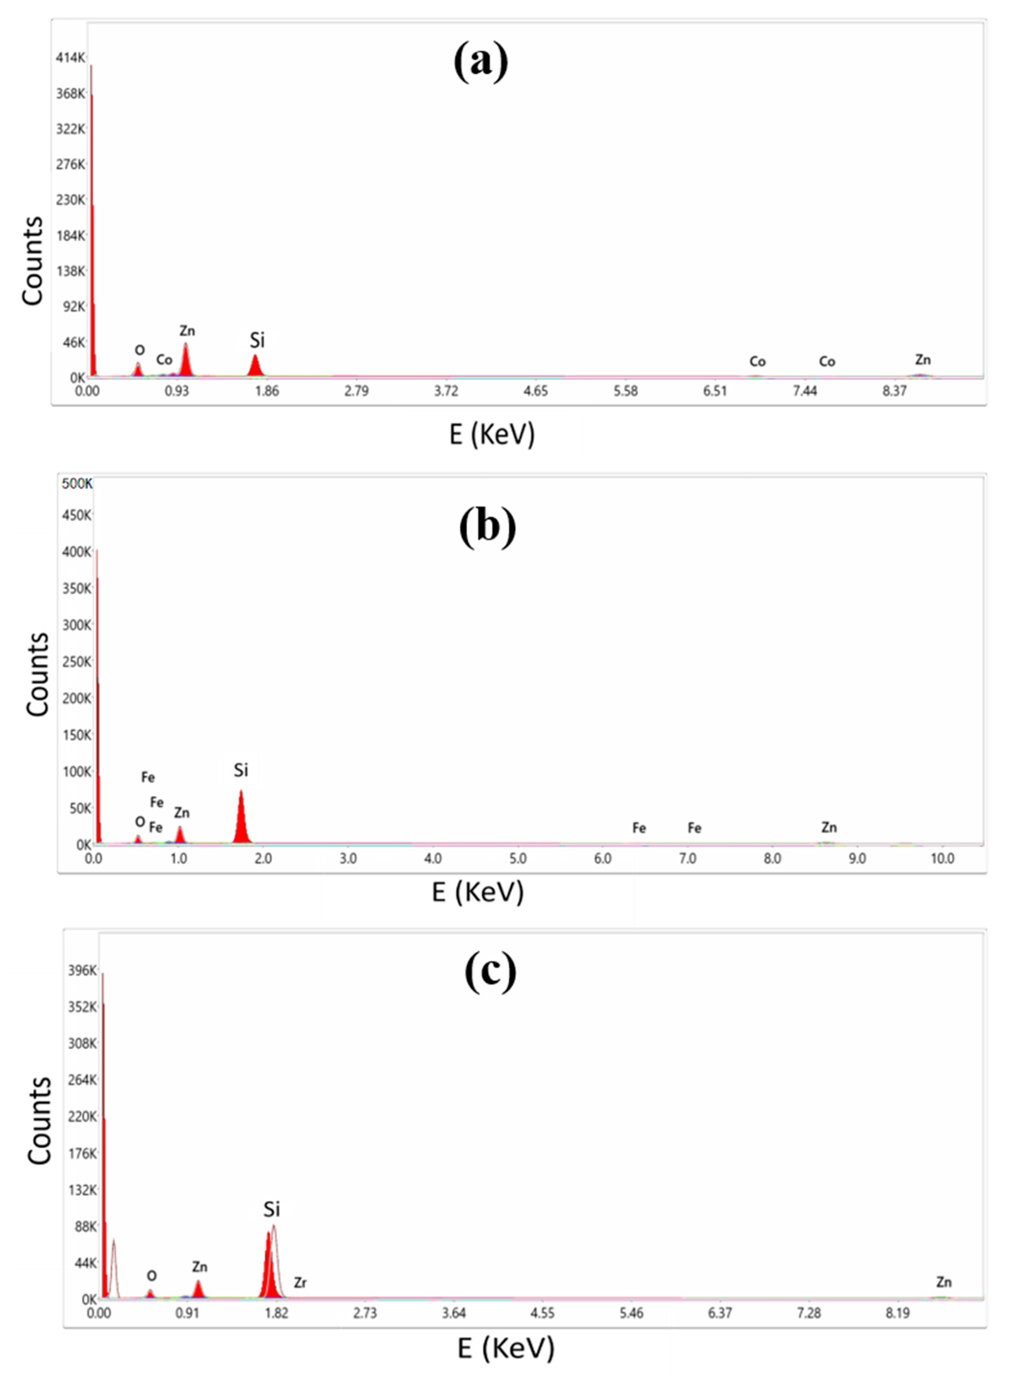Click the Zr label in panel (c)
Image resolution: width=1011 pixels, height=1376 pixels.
tap(300, 1283)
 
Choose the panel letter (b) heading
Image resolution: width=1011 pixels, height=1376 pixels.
tap(488, 526)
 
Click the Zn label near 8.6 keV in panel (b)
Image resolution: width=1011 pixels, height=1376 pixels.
tap(829, 827)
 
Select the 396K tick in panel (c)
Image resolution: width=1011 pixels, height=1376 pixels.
tap(82, 971)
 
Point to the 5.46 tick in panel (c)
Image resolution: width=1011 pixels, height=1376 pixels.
tap(631, 1313)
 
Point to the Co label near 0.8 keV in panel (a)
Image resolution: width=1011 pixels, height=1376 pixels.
tap(164, 360)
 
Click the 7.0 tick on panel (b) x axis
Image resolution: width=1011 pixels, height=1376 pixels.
tap(687, 858)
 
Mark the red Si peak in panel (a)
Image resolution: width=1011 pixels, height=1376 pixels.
tap(256, 367)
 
